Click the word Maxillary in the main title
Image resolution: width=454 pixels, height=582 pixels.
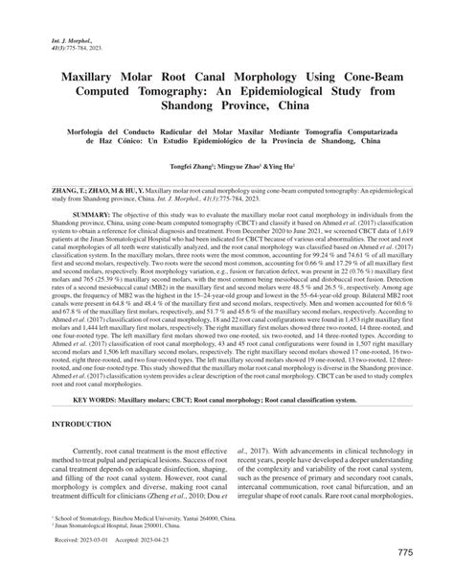tap(98, 76)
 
